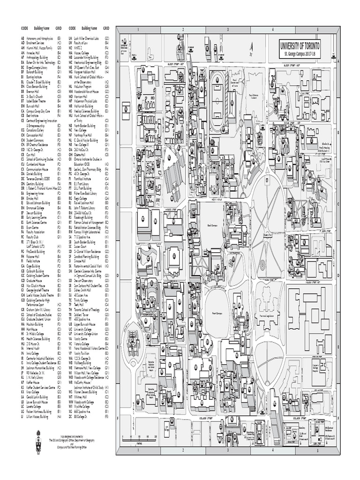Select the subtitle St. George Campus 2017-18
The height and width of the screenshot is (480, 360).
[x=300, y=54]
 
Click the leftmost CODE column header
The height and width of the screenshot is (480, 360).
[x=25, y=28]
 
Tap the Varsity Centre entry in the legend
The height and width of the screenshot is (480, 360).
[x=84, y=338]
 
